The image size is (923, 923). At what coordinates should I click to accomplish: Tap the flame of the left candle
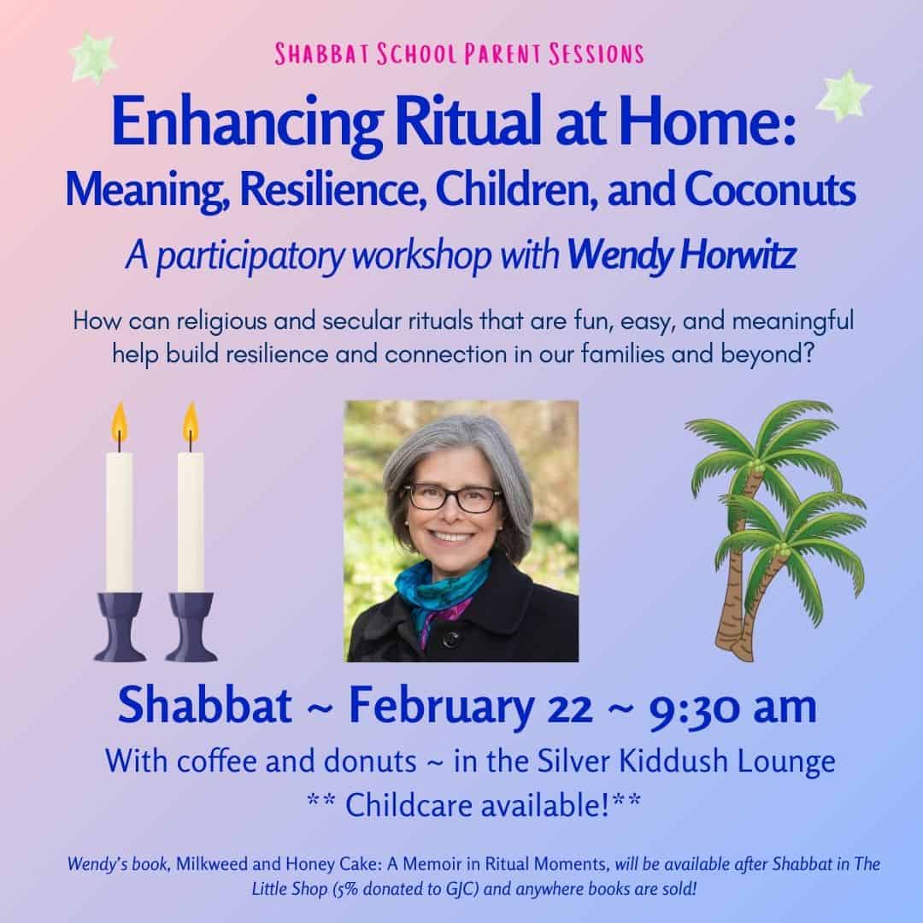point(119,423)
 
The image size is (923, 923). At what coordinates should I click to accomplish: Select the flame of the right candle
point(190,423)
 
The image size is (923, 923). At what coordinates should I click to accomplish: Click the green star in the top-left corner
point(92,56)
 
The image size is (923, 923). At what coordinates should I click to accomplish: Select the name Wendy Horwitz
point(682,255)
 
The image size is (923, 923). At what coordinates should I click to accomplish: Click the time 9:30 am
point(732,708)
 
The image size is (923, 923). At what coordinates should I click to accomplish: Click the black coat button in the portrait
point(451,637)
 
